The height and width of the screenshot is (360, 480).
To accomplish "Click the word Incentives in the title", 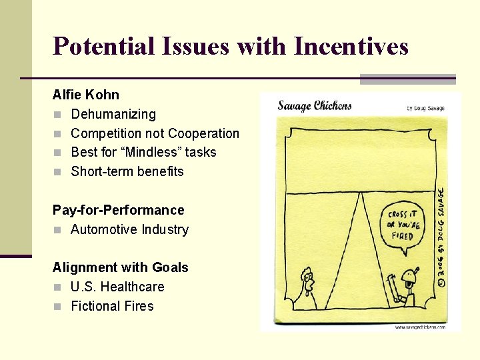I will pyautogui.click(x=351, y=46).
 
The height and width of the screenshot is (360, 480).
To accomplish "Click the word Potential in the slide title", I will pyautogui.click(x=102, y=46).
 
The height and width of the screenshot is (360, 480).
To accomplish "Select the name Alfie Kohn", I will pyautogui.click(x=86, y=95).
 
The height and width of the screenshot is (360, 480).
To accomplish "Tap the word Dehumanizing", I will pyautogui.click(x=113, y=114).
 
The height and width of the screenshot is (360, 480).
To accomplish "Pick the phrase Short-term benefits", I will pyautogui.click(x=127, y=171).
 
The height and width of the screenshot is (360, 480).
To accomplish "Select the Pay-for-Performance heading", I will pyautogui.click(x=118, y=210).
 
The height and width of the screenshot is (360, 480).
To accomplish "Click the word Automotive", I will pyautogui.click(x=101, y=229).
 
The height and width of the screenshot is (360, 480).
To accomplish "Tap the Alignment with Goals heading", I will pyautogui.click(x=120, y=267).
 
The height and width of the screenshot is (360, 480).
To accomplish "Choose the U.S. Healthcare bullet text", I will pyautogui.click(x=117, y=287).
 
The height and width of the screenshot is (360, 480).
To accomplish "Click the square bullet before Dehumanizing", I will pyautogui.click(x=58, y=115).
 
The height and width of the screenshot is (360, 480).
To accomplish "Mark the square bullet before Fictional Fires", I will pyautogui.click(x=58, y=307).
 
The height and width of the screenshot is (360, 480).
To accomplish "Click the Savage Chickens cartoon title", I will pyautogui.click(x=314, y=105).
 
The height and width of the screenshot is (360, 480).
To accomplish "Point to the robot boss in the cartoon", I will pyautogui.click(x=404, y=288).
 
